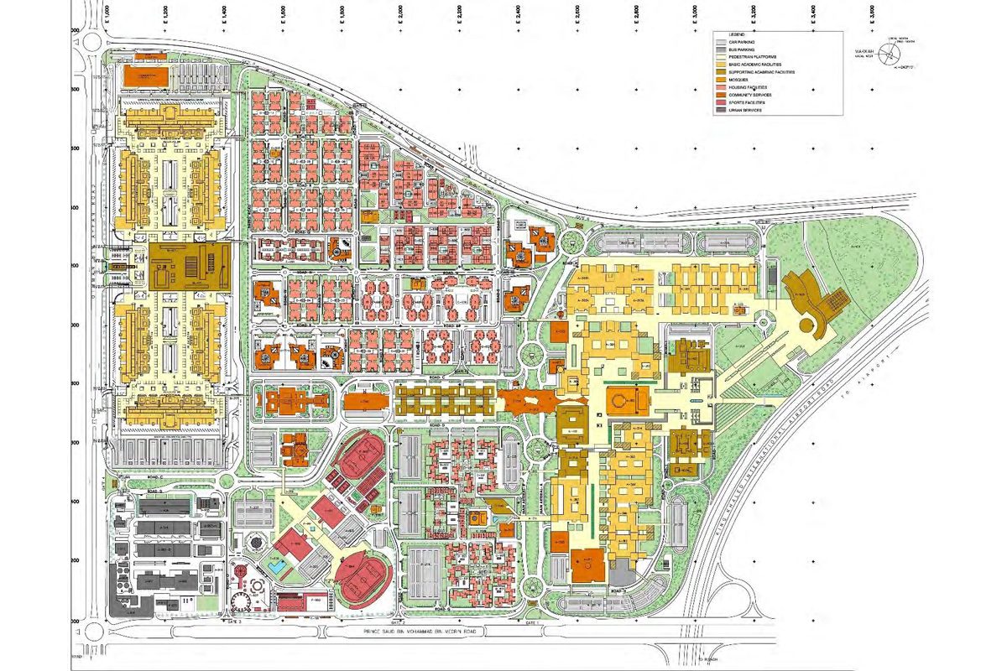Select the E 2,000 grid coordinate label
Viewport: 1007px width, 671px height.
401,14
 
